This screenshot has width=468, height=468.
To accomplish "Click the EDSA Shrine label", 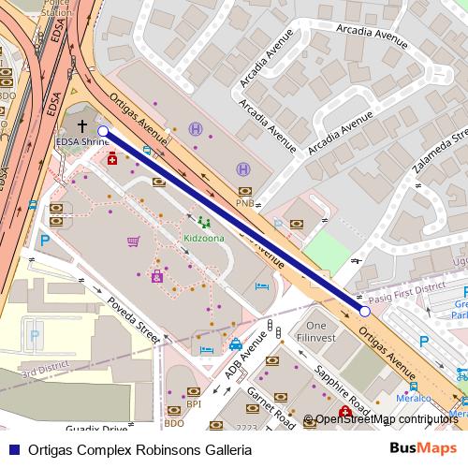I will point(82,142).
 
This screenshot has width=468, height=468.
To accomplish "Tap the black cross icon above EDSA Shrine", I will point(82,125).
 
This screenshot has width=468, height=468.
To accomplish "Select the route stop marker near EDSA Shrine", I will point(103,132).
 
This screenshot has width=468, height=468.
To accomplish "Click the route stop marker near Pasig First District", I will point(365,311).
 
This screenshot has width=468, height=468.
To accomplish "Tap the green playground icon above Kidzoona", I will point(203,223).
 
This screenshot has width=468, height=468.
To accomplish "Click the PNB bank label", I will point(244,202).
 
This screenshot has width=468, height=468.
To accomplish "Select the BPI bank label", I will point(194,403).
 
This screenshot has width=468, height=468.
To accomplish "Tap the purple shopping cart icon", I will point(133,241).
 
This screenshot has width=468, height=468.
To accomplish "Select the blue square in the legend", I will point(12,450).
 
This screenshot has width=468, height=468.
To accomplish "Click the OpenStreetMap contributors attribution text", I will point(386,419).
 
